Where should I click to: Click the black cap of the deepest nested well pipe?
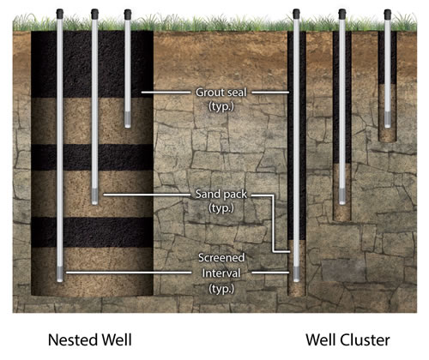point(61,13)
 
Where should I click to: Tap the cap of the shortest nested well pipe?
point(127,13)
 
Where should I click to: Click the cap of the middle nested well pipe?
point(94,13)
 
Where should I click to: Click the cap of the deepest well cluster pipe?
point(296,13)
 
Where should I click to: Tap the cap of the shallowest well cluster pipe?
point(388,13)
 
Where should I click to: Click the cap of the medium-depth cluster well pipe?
point(341,13)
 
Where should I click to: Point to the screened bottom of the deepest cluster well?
point(296,273)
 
